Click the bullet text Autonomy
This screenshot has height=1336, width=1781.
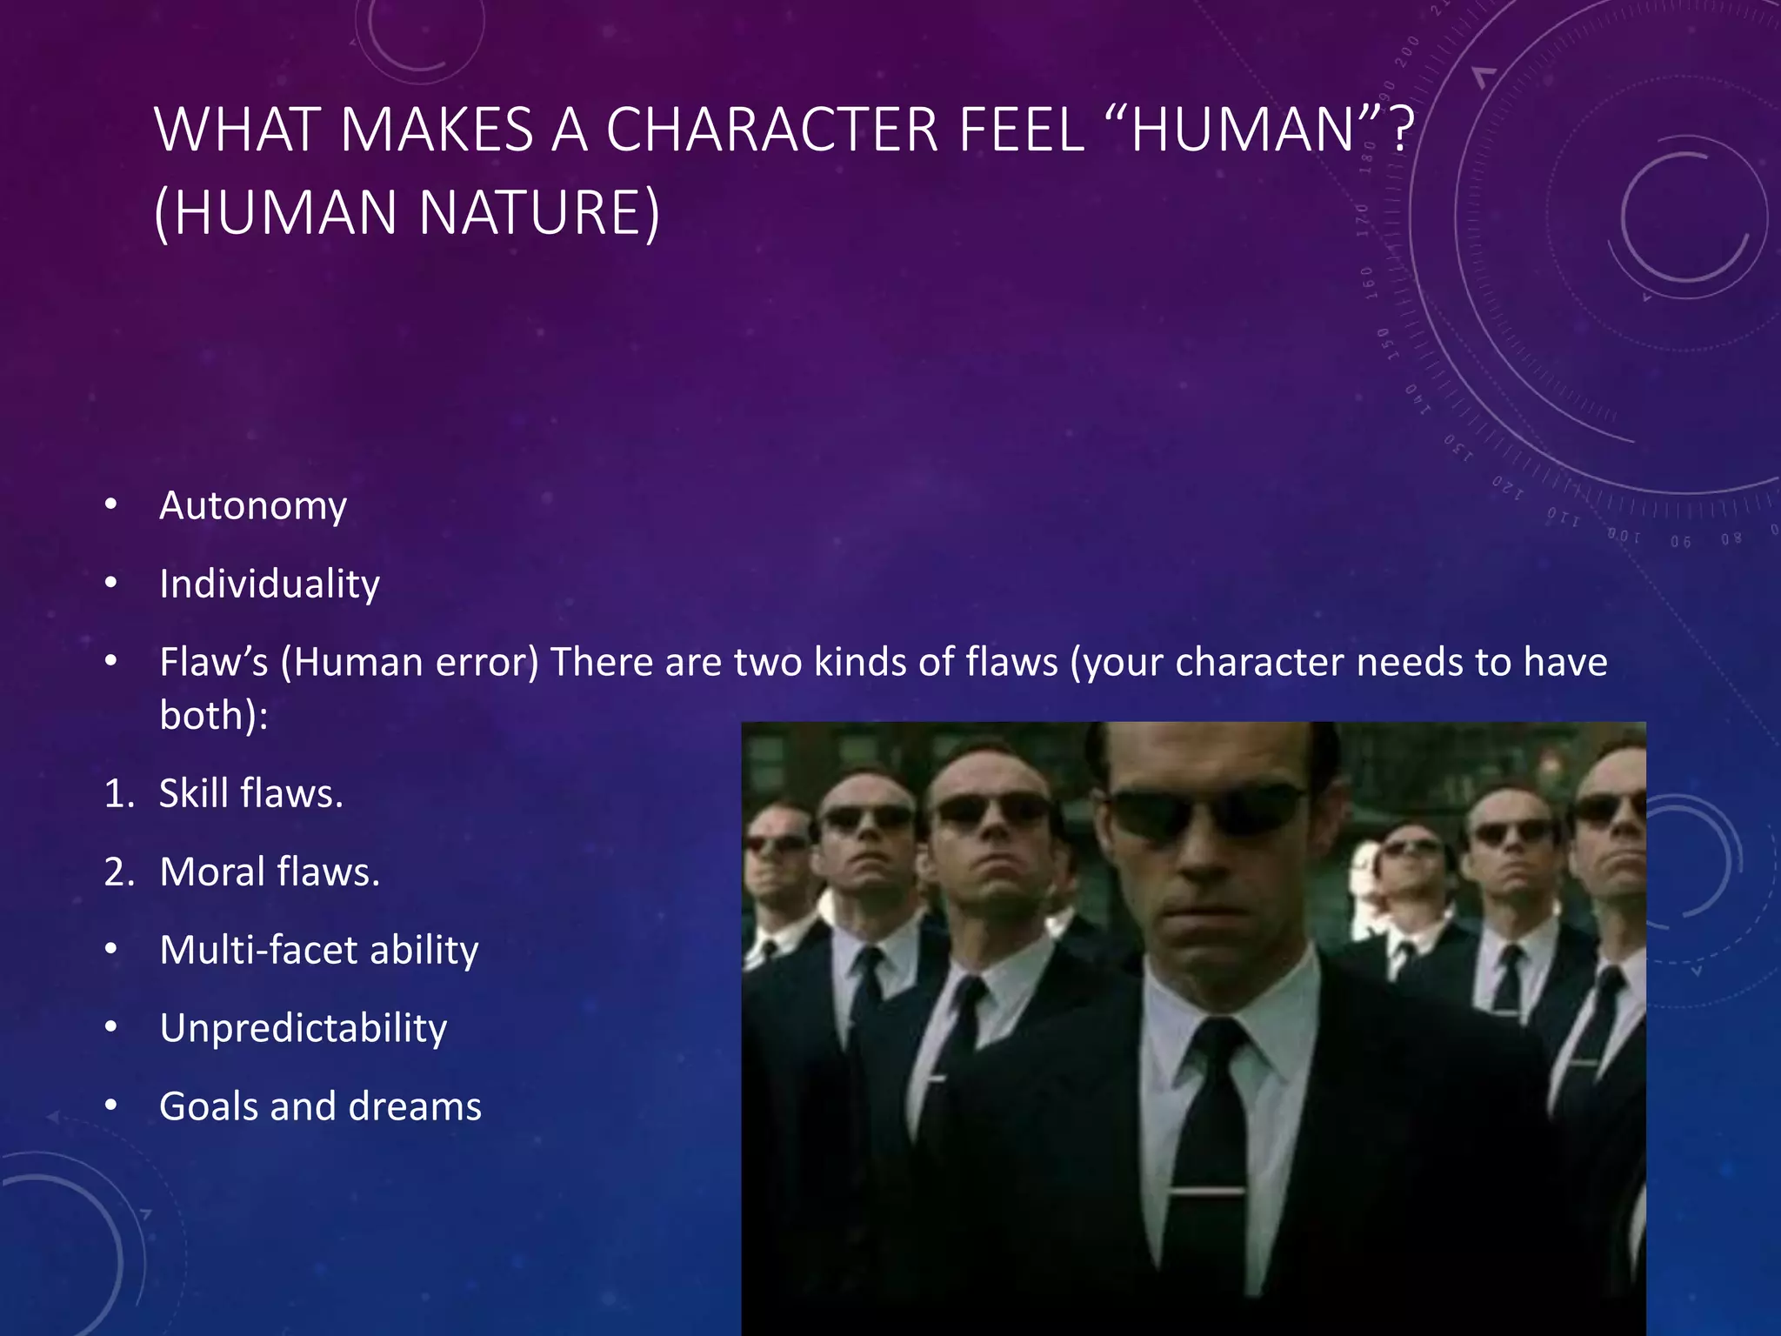(x=253, y=505)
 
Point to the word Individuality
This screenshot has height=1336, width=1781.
(x=270, y=584)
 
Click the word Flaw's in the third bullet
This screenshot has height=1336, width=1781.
(x=214, y=662)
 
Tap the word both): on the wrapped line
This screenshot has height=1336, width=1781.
(x=214, y=716)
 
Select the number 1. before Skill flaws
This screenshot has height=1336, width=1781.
(x=119, y=793)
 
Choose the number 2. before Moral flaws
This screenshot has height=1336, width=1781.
(x=119, y=872)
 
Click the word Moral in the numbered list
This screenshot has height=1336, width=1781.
(x=211, y=872)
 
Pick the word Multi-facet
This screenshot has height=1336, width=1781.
(x=258, y=950)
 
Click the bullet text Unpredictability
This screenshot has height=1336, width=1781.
(x=303, y=1028)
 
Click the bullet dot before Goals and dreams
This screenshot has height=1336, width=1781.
(x=110, y=1106)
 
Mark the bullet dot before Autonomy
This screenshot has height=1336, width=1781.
(x=110, y=504)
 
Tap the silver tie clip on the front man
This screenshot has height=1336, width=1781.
(x=1209, y=1189)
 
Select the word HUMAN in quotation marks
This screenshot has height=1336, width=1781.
(x=1243, y=130)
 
